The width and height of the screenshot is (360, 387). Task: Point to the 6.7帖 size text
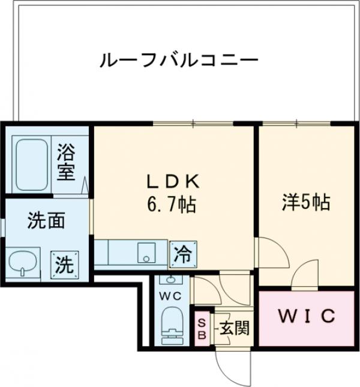[x=171, y=206]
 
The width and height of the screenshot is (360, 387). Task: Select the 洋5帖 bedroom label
[x=306, y=202]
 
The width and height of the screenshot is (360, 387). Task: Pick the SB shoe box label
[x=202, y=329]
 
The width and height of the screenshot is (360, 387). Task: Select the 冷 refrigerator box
[x=181, y=254]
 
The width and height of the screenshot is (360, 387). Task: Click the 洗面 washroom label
[x=46, y=222]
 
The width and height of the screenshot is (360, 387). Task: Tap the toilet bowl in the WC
[x=173, y=325]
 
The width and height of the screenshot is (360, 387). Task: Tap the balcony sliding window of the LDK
[x=193, y=124]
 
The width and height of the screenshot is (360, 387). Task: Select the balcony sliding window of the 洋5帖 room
[x=296, y=124]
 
